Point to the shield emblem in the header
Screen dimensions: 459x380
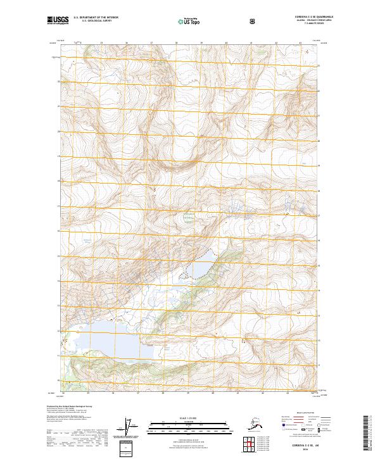point(253,22)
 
